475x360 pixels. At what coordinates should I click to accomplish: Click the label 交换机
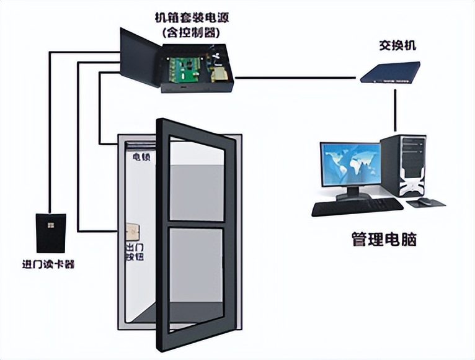coord(397,47)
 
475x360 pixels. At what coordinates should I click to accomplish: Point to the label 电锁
coord(140,157)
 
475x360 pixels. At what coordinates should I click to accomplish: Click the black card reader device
coord(50,233)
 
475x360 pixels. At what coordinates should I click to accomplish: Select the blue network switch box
coord(390,72)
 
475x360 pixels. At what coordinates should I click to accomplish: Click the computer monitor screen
coord(350,164)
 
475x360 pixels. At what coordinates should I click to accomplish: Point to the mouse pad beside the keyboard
coord(428,202)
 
